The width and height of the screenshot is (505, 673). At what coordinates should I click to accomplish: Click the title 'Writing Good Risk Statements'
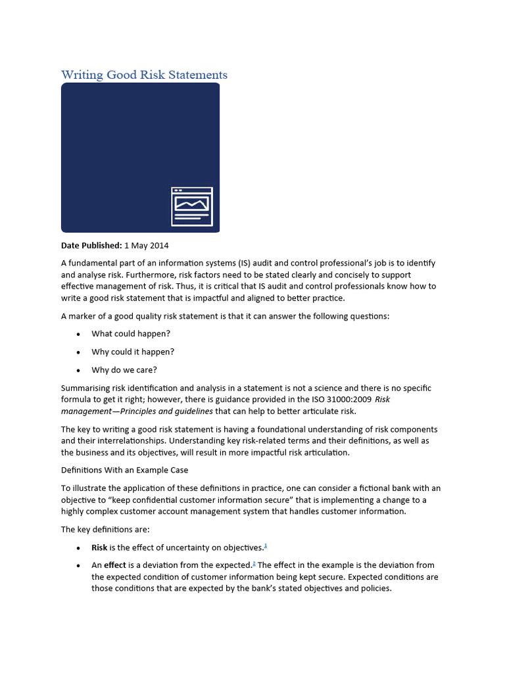point(144,74)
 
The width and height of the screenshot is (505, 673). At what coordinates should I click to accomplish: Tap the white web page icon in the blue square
point(191,206)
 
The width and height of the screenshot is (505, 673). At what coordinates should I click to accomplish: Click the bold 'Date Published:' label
point(91,246)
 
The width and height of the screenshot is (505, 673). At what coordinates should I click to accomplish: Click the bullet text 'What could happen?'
point(131,334)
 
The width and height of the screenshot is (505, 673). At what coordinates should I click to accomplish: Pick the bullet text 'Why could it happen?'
point(133,352)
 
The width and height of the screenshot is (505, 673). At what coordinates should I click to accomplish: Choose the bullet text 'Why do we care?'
point(124,369)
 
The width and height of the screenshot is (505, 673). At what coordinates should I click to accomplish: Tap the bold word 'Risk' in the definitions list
point(99,547)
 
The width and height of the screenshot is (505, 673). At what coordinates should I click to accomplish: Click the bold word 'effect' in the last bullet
point(115,565)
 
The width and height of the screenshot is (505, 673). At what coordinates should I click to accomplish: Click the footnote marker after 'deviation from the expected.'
point(254,563)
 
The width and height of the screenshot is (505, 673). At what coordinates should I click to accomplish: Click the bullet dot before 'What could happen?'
point(78,335)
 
